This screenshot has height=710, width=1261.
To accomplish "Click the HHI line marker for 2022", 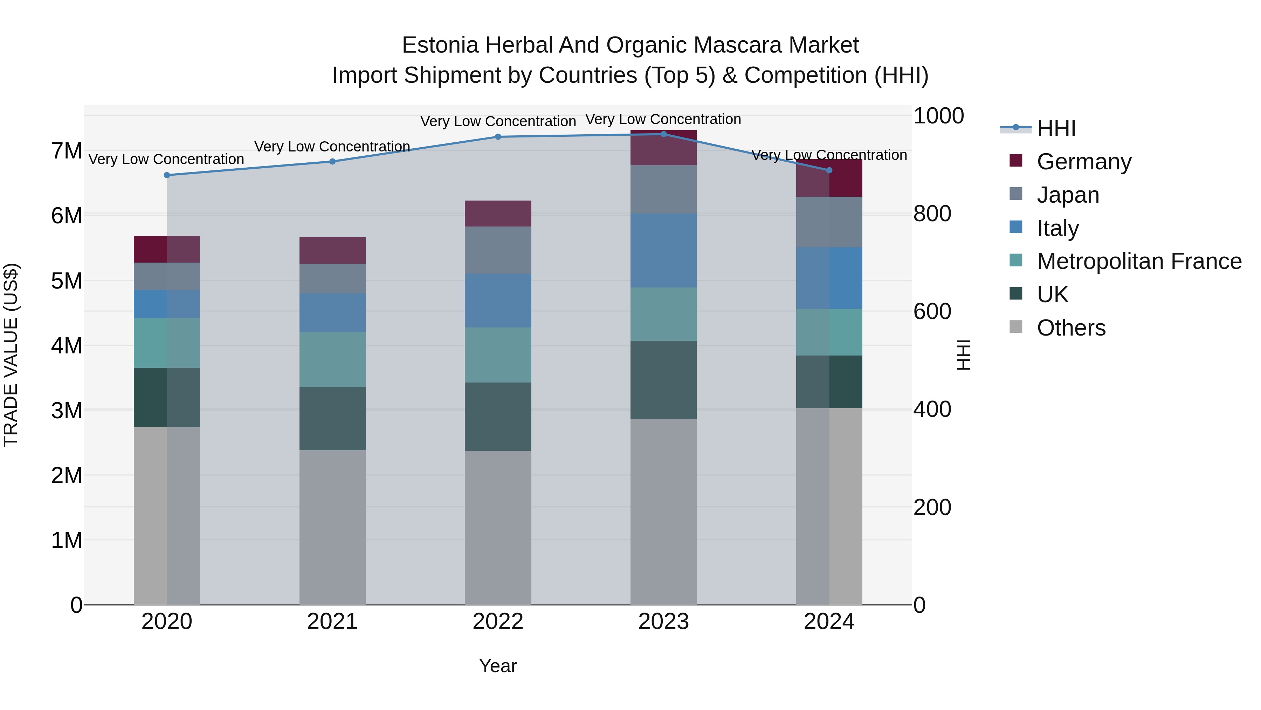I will [498, 137].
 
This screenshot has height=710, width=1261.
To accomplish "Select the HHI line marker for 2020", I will [167, 175].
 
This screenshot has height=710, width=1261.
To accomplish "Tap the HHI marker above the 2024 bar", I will [829, 170].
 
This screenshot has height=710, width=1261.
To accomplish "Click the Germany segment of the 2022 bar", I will [498, 213].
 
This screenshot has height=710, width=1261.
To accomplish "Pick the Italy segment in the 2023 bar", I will [663, 250].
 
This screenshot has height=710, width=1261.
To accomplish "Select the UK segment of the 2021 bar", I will [332, 418].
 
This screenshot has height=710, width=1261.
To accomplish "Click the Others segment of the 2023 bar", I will [663, 511].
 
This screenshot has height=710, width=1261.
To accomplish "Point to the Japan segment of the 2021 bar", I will [332, 278].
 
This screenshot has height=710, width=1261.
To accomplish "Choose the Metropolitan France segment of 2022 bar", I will [498, 355].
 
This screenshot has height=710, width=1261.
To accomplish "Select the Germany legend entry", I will [1084, 162].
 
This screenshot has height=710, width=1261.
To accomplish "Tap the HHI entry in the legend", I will [1056, 128].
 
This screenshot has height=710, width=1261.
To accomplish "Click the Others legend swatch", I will [1016, 327].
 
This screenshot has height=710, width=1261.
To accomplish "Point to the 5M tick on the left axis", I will [67, 281].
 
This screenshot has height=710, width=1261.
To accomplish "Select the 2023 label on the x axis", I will [663, 622].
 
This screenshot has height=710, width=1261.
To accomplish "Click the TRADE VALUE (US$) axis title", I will [11, 355].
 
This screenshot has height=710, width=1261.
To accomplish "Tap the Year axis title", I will [498, 666].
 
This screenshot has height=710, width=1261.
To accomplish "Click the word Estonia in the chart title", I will [440, 45].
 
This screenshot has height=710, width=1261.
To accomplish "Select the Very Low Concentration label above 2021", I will [332, 147].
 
